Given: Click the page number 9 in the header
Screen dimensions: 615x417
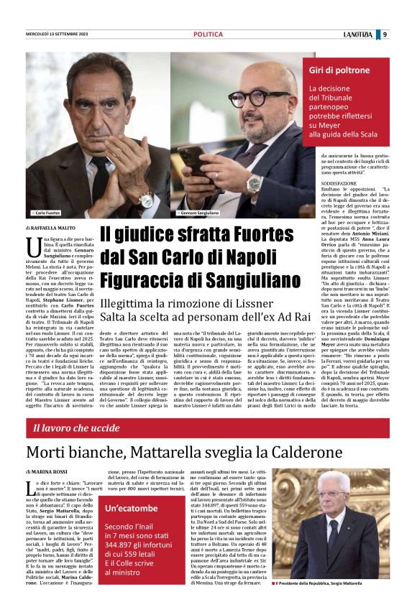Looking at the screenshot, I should pyautogui.click(x=385, y=34).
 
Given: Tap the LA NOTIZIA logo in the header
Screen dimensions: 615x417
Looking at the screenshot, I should pyautogui.click(x=358, y=34).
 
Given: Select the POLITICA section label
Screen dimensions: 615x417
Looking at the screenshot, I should pyautogui.click(x=208, y=34).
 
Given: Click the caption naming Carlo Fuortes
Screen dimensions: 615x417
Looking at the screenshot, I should pyautogui.click(x=48, y=213).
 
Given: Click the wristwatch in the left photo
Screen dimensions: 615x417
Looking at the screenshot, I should pyautogui.click(x=146, y=200).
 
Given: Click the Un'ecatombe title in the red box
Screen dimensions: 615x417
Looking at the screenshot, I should pyautogui.click(x=131, y=509).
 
